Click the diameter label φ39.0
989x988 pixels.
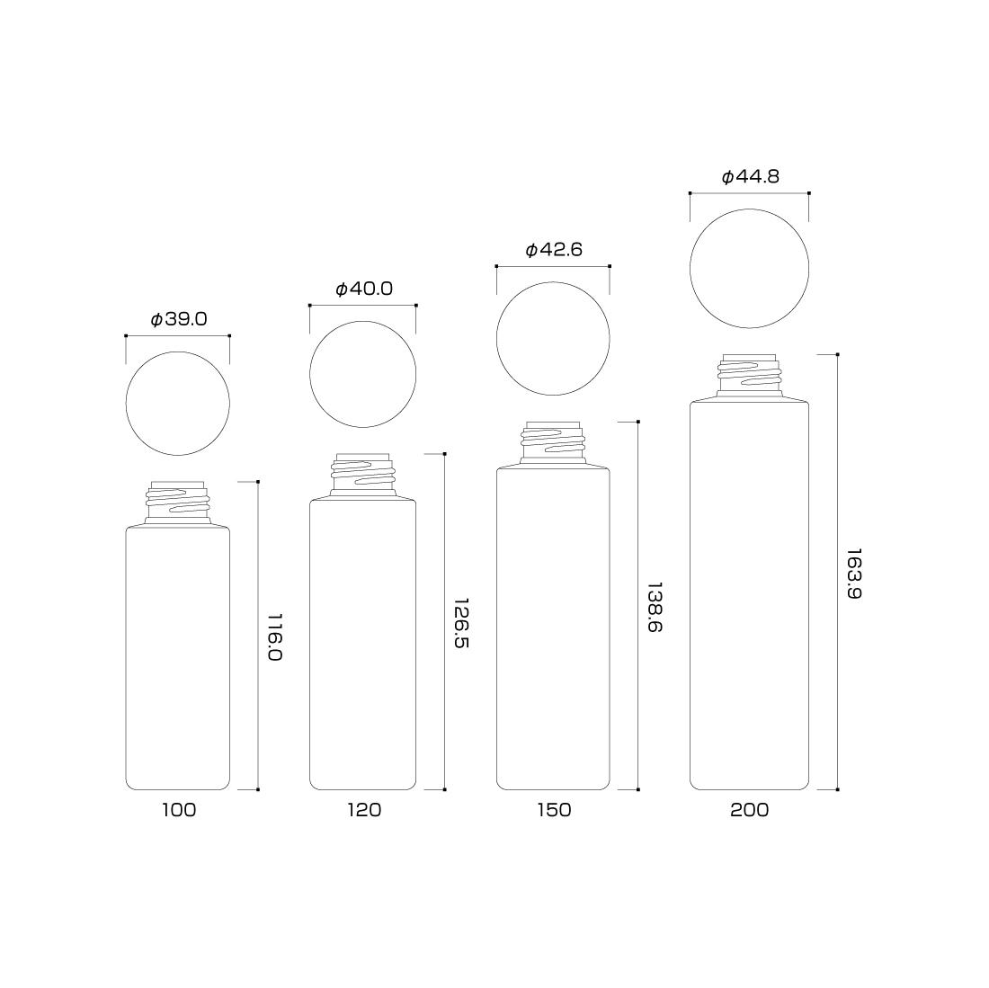pyautogui.click(x=179, y=320)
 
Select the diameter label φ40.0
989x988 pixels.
pyautogui.click(x=364, y=289)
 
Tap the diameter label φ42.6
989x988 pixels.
pyautogui.click(x=554, y=250)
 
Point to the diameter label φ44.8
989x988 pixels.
pyautogui.click(x=750, y=176)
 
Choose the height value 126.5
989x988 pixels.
pyautogui.click(x=462, y=623)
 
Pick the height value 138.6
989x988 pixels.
pyautogui.click(x=655, y=607)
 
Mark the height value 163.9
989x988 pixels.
pyautogui.click(x=854, y=574)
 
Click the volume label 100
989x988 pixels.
pyautogui.click(x=179, y=810)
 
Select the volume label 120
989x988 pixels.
pyautogui.click(x=364, y=810)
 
